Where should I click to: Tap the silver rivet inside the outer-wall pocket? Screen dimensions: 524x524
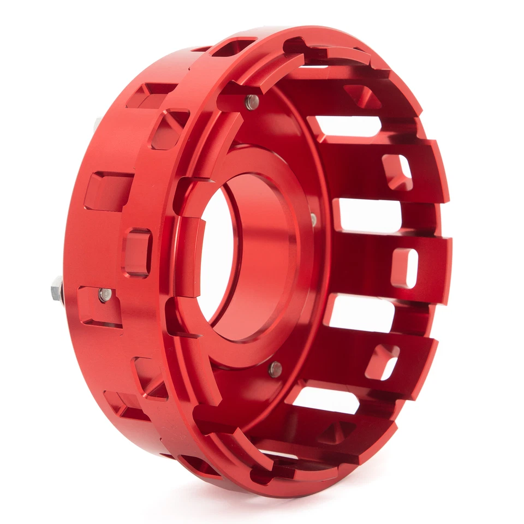(x=104, y=295)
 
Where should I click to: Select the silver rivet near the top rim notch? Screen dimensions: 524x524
(x=251, y=102)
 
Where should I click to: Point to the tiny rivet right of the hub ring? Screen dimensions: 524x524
(x=313, y=219)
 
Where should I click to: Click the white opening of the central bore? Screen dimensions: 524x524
(x=216, y=254)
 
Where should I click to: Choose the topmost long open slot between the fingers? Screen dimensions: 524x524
(x=349, y=126)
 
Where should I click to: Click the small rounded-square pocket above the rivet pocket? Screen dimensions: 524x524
(x=137, y=252)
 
